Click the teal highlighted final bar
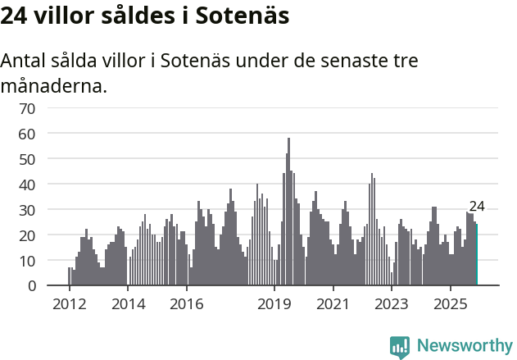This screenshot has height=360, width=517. pyautogui.click(x=476, y=255)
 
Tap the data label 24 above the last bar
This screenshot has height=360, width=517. pyautogui.click(x=477, y=207)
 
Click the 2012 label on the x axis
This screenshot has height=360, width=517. pyautogui.click(x=69, y=303)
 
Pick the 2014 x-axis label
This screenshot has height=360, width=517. pyautogui.click(x=128, y=303)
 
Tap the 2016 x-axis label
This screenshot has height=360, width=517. pyautogui.click(x=186, y=303)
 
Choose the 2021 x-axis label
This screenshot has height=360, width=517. pyautogui.click(x=333, y=303)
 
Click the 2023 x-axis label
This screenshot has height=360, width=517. pyautogui.click(x=392, y=303)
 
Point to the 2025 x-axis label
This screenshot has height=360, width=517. pyautogui.click(x=450, y=303)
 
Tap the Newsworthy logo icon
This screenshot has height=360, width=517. pyautogui.click(x=400, y=347)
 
